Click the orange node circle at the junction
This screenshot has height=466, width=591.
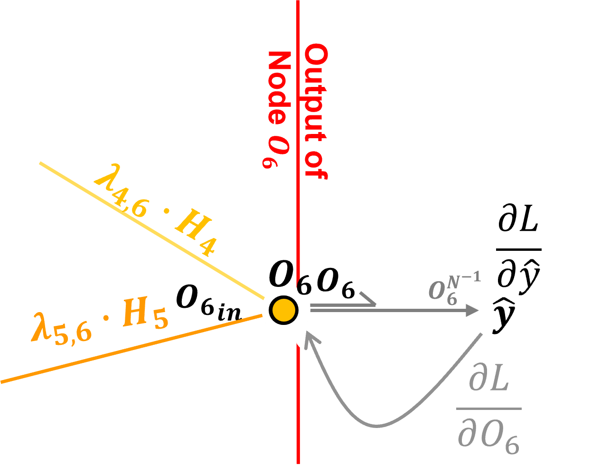tap(284, 310)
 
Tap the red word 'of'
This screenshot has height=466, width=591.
tap(316, 164)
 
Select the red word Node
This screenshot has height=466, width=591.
tap(279, 88)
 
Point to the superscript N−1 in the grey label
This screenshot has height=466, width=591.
tap(463, 277)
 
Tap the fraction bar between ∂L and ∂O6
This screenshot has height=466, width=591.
tap(489, 408)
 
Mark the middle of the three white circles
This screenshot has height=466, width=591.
tap(336, 362)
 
